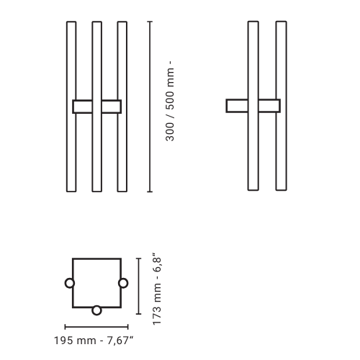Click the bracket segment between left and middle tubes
pyautogui.click(x=83, y=107)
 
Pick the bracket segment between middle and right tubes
pyautogui.click(x=110, y=107)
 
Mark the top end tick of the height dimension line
pyautogui.click(x=149, y=22)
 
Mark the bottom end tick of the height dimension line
pyautogui.click(x=149, y=192)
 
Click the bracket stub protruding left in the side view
pyautogui.click(x=236, y=106)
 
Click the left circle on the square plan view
pyautogui.click(x=70, y=283)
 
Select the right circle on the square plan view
pyautogui.click(x=123, y=283)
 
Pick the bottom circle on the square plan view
pyautogui.click(x=96, y=310)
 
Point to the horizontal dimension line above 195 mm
pyautogui.click(x=97, y=326)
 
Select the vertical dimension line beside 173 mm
pyautogui.click(x=138, y=286)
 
